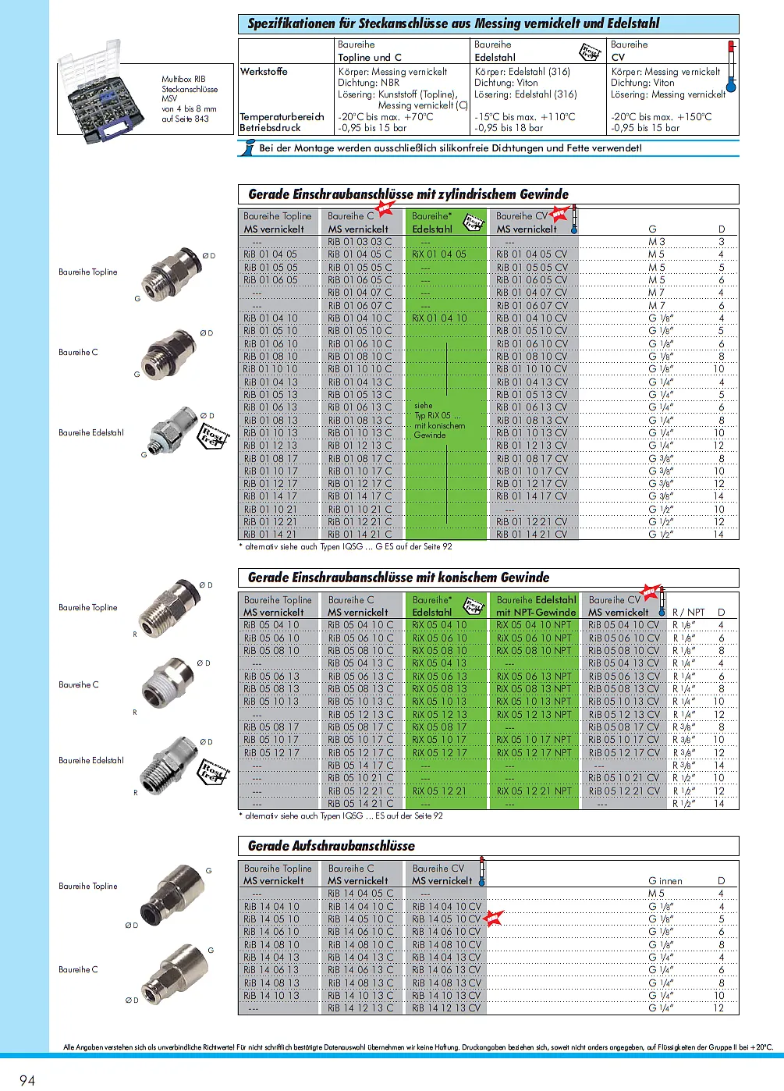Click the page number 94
pyautogui.click(x=27, y=1079)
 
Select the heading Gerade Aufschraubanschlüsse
pyautogui.click(x=332, y=846)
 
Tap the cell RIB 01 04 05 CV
pyautogui.click(x=532, y=254)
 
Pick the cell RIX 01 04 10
pyautogui.click(x=439, y=318)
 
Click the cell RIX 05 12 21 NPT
pyautogui.click(x=534, y=791)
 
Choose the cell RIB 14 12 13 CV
pyautogui.click(x=446, y=1008)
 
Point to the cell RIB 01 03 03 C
pyautogui.click(x=360, y=242)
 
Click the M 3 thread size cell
pyautogui.click(x=657, y=242)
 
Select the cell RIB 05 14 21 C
pyautogui.click(x=360, y=803)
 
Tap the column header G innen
pyautogui.click(x=665, y=880)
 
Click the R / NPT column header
pyautogui.click(x=688, y=613)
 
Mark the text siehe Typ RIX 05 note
pyautogui.click(x=439, y=420)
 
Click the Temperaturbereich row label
pyautogui.click(x=282, y=117)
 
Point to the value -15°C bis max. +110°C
pyautogui.click(x=525, y=117)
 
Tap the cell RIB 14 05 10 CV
pyautogui.click(x=446, y=919)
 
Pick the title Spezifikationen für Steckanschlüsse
pyautogui.click(x=453, y=23)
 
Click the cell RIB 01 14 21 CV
pyautogui.click(x=532, y=535)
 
